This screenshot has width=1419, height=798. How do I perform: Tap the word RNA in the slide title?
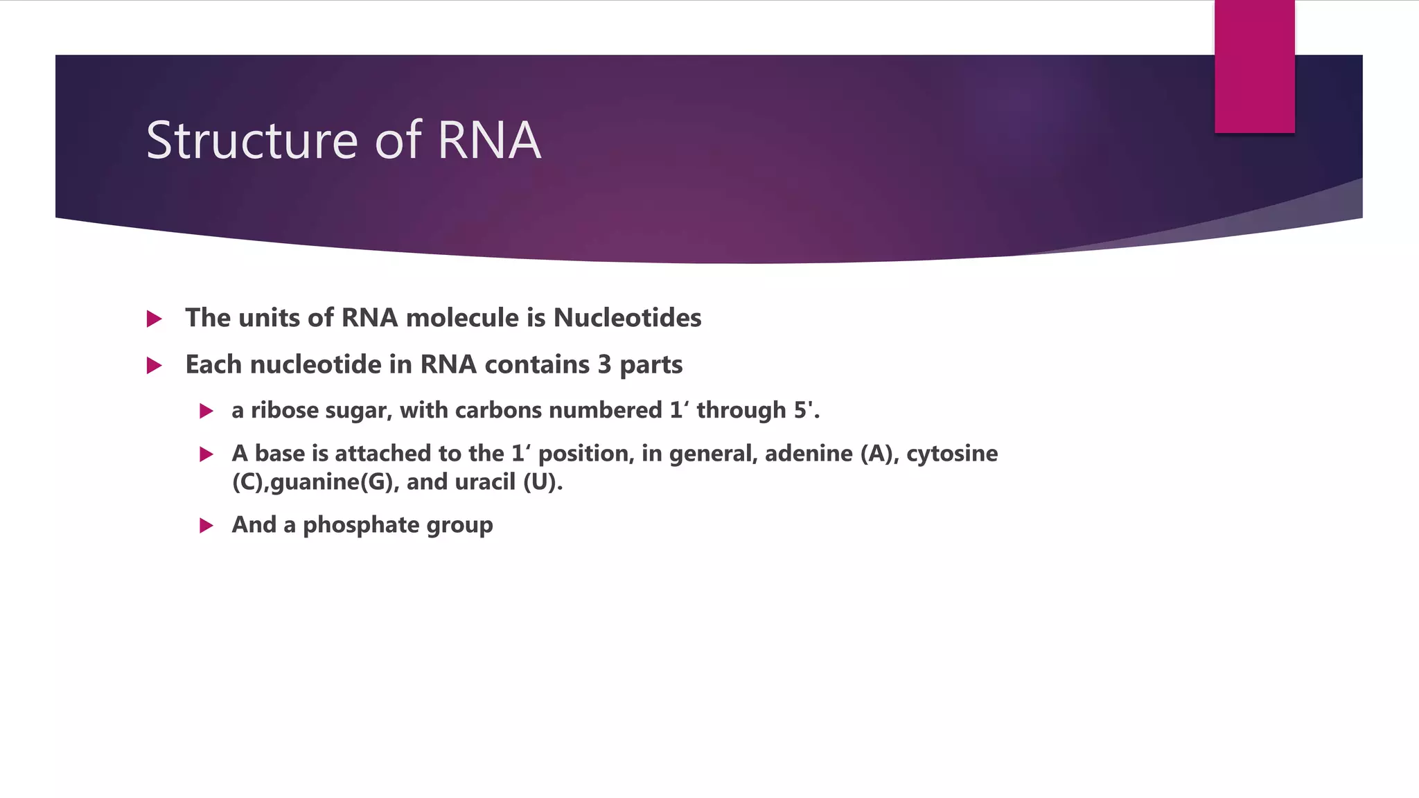488,141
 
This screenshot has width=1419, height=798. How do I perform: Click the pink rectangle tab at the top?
1254,67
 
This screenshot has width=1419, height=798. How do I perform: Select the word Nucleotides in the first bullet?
627,318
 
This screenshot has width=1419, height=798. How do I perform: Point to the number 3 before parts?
604,365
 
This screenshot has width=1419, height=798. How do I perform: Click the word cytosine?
952,454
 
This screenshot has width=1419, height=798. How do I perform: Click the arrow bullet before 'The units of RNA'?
155,319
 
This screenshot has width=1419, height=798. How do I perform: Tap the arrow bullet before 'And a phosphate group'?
206,526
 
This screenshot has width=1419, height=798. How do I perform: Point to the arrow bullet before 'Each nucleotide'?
155,366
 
